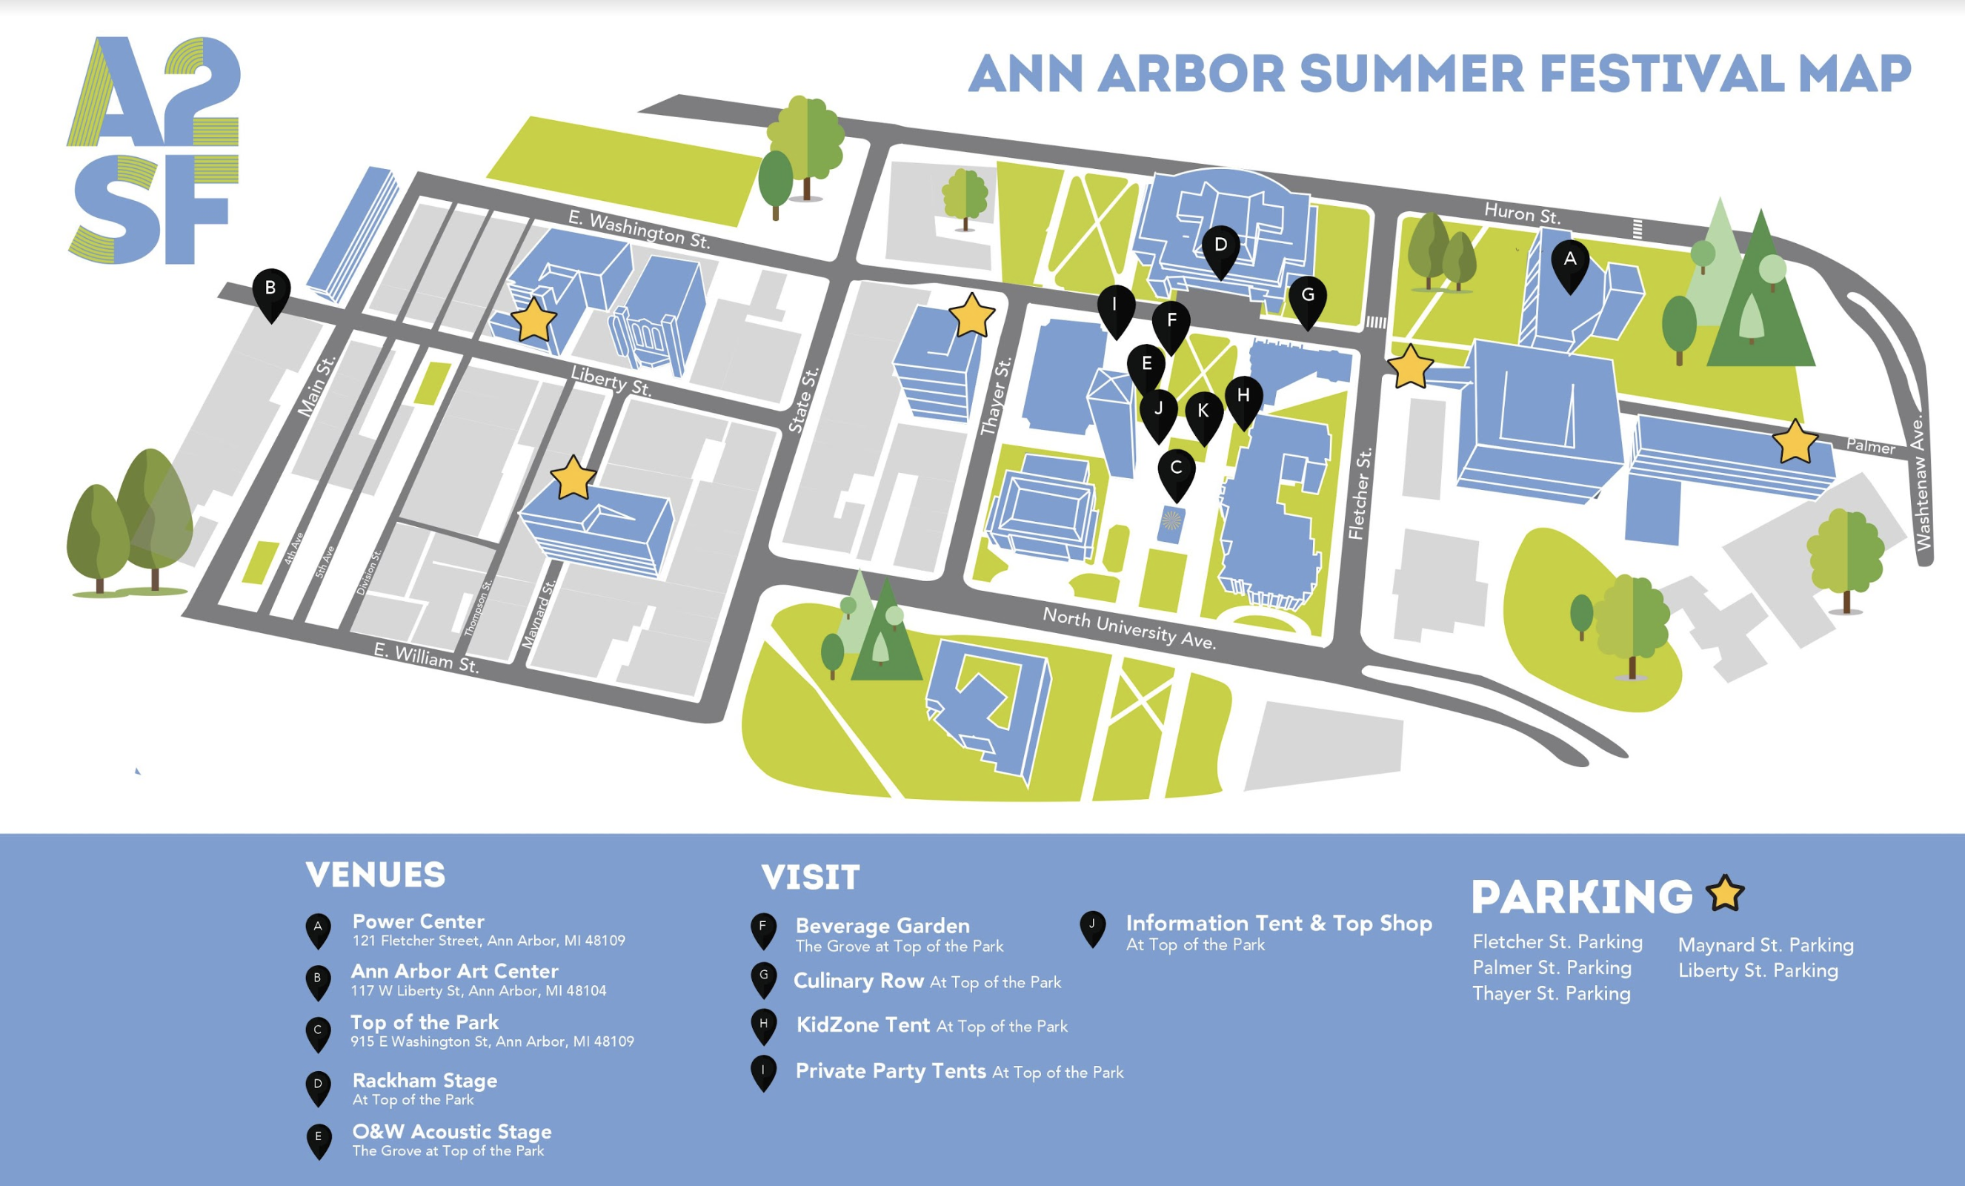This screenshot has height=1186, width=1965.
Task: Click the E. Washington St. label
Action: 639,230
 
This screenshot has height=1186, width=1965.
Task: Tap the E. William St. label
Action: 427,659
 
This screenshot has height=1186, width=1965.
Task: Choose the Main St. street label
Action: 316,386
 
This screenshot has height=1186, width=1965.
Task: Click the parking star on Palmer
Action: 1795,441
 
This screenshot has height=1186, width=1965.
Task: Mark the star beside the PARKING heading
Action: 1726,893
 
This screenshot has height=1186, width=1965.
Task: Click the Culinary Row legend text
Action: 928,981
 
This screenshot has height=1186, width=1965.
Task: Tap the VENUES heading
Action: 376,875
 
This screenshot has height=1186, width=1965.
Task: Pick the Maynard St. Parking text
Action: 1766,945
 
